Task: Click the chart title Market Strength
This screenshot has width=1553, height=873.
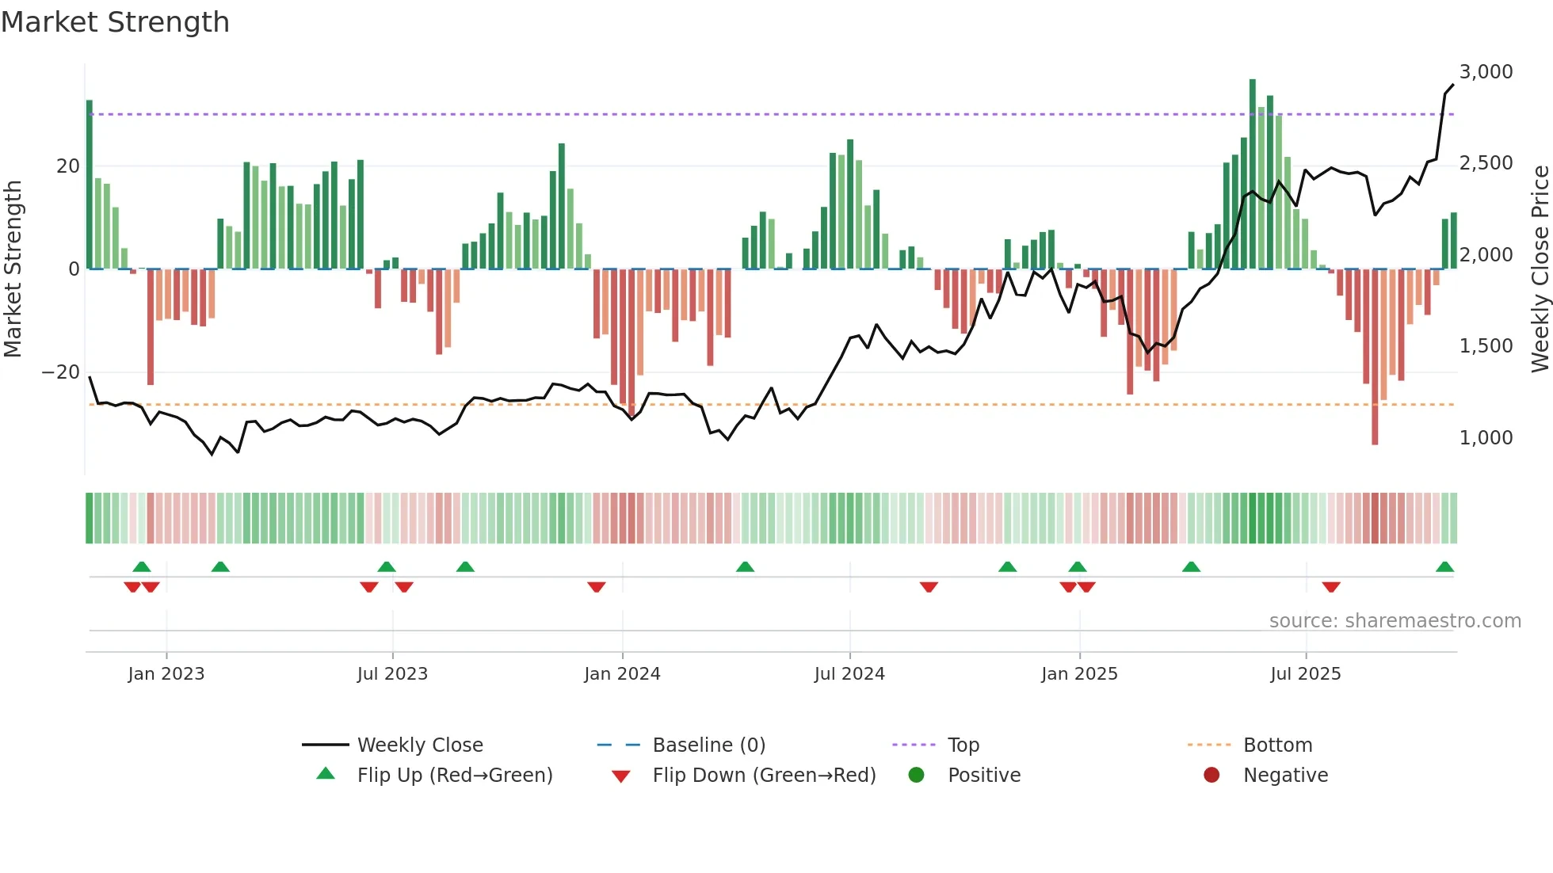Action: click(x=115, y=22)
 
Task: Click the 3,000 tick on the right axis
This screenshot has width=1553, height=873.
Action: click(x=1486, y=72)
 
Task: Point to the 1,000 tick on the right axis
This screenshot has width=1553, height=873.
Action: click(x=1486, y=438)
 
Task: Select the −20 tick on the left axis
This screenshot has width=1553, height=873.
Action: click(x=61, y=372)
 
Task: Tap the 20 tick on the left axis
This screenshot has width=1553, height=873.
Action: click(x=68, y=166)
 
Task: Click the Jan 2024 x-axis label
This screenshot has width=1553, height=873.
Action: click(x=622, y=674)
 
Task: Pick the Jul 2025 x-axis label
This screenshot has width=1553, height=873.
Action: click(x=1305, y=674)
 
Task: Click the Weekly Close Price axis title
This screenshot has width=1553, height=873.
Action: click(x=1540, y=269)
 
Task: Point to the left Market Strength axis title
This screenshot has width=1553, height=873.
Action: click(x=13, y=269)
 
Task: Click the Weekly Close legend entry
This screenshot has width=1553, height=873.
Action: click(x=419, y=745)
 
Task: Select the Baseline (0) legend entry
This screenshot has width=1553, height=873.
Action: click(x=708, y=745)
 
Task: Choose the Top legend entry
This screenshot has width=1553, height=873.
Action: click(x=963, y=745)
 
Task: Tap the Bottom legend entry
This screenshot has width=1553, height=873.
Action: click(x=1277, y=745)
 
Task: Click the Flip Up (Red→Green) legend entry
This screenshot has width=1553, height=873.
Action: click(x=454, y=776)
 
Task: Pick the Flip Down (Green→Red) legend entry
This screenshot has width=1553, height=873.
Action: click(x=764, y=776)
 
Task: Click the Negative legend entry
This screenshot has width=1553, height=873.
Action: click(x=1284, y=776)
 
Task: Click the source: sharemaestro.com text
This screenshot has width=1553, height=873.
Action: click(x=1395, y=621)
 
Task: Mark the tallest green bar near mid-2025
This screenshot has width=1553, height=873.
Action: click(x=1253, y=174)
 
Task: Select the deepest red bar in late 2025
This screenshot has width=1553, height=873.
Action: click(x=1375, y=356)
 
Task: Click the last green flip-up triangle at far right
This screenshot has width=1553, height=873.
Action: click(x=1444, y=567)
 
